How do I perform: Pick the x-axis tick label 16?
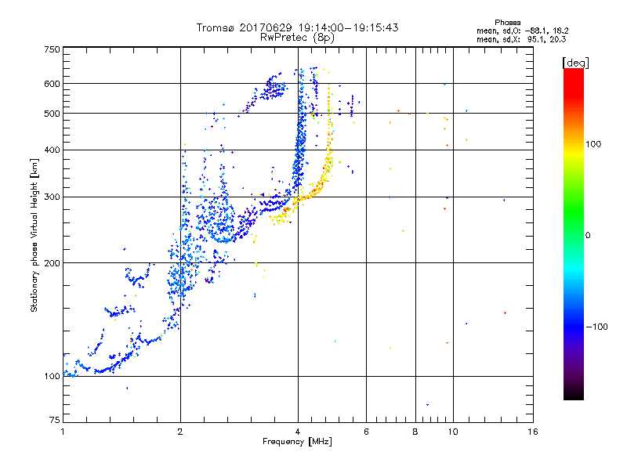(532, 432)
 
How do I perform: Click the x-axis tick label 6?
(365, 432)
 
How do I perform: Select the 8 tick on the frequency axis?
(415, 432)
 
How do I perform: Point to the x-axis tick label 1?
(63, 432)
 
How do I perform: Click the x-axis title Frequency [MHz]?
(297, 442)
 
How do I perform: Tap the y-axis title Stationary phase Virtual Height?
(34, 235)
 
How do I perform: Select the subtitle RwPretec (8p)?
(297, 37)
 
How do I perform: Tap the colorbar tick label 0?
(589, 235)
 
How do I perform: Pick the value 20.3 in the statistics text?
(556, 38)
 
